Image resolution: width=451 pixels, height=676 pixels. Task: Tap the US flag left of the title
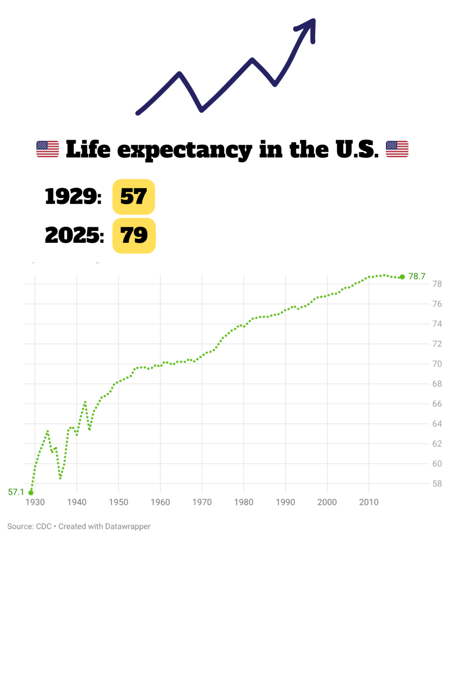pos(48,149)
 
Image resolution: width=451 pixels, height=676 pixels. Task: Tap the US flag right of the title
pos(397,149)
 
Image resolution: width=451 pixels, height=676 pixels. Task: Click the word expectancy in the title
pos(184,150)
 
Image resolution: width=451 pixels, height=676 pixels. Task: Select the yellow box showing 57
pos(133,196)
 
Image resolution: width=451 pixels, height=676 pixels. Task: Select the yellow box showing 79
pos(134,235)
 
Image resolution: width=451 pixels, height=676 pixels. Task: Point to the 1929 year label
pos(73,196)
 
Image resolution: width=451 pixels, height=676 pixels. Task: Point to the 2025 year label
pos(74,235)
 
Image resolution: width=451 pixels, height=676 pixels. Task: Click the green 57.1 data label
pos(16,492)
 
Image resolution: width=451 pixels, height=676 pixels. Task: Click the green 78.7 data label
pos(417,276)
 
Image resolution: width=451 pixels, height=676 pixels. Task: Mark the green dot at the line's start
pos(31,493)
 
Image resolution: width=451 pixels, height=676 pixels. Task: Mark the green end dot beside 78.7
pos(402,277)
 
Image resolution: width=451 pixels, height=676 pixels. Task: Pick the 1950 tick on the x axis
pos(118,502)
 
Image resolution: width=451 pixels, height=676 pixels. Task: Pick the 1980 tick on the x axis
pos(244,502)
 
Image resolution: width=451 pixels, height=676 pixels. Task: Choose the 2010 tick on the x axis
pos(369,502)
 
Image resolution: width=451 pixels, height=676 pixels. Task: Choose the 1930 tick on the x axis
pos(35,502)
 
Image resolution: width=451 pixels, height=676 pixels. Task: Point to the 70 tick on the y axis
pos(437,364)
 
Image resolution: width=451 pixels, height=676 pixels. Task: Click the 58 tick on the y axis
pos(437,484)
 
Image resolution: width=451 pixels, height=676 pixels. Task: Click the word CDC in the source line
pos(44,526)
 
